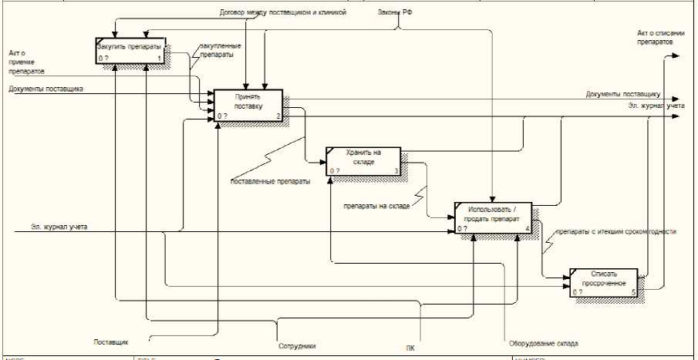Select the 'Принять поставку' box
tap(248, 106)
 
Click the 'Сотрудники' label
tap(297, 346)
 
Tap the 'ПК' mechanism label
tap(410, 347)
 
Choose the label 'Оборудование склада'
tap(543, 344)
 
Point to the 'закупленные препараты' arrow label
tap(220, 51)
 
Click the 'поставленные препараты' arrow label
tap(271, 182)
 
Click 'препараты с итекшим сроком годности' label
tap(616, 231)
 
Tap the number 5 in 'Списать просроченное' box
tap(633, 293)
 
